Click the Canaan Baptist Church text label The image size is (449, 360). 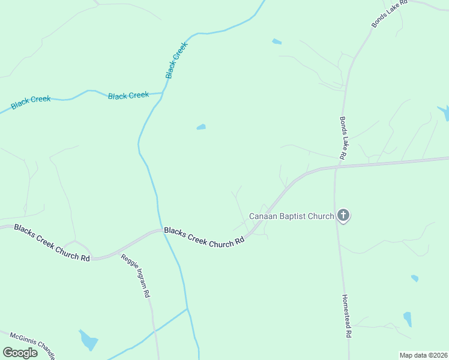[291, 216]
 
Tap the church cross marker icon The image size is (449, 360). [343, 215]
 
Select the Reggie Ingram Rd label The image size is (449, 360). [135, 276]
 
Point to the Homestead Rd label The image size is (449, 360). [346, 316]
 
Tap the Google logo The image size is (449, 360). [20, 353]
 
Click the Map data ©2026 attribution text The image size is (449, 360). [423, 355]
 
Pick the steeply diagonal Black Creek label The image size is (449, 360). [177, 60]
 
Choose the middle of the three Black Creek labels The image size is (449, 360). [128, 95]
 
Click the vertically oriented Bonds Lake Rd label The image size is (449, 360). [343, 138]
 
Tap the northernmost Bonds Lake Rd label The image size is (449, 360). [389, 13]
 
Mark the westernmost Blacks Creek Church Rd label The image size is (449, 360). [52, 242]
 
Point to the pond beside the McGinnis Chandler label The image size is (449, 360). [89, 340]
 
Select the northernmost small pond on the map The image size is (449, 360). [277, 41]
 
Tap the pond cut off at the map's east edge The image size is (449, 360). [444, 112]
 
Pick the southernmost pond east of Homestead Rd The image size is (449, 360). [408, 319]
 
